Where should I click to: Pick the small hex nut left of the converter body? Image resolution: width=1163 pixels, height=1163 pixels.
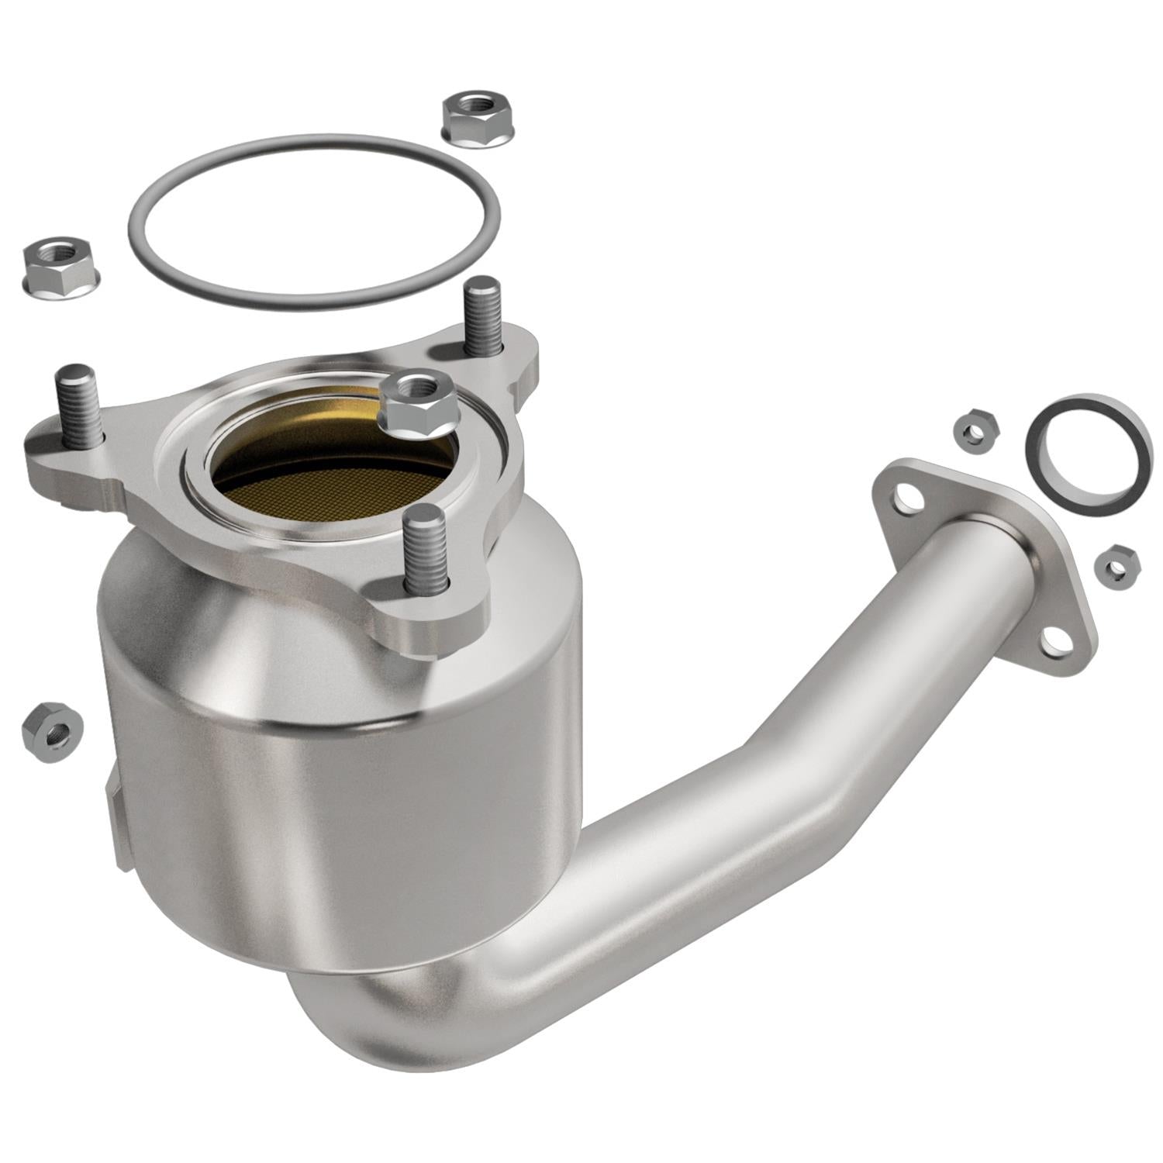click(x=52, y=731)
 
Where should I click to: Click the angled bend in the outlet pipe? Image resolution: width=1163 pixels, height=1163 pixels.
click(x=744, y=783)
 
